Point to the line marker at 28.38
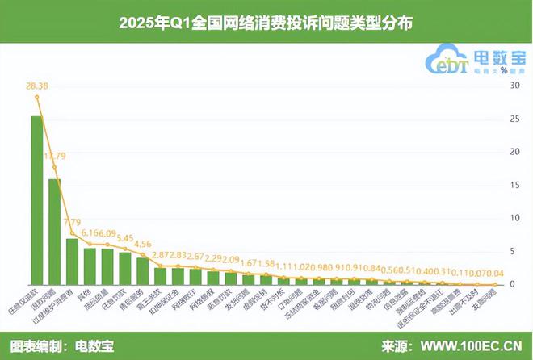[37, 97]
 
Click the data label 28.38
[36, 85]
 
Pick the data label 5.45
[125, 238]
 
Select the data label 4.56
[142, 244]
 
